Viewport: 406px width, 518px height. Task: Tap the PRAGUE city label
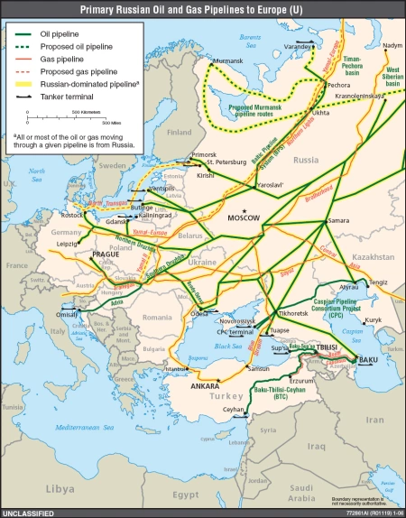click(106, 255)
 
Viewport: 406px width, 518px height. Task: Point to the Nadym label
click(392, 44)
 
